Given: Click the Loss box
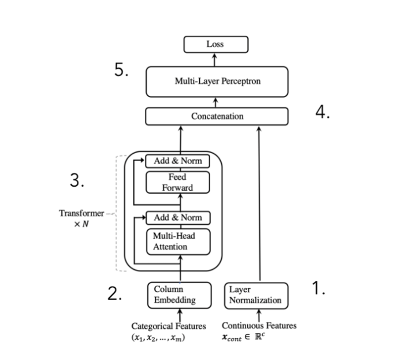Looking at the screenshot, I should (x=215, y=44).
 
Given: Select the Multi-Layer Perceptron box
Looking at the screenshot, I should (x=217, y=81).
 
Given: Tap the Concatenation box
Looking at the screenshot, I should (x=217, y=116).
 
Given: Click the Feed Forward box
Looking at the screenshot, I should (x=177, y=182).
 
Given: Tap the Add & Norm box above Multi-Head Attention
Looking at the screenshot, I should (x=177, y=218).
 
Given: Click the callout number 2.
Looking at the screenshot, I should (x=114, y=294).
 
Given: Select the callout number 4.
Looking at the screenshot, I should (x=322, y=113).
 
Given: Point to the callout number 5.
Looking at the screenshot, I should (x=120, y=71).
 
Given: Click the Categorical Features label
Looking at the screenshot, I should (x=168, y=326).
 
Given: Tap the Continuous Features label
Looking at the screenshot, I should (x=259, y=326).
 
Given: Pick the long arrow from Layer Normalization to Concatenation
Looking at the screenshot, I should (x=259, y=202).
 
